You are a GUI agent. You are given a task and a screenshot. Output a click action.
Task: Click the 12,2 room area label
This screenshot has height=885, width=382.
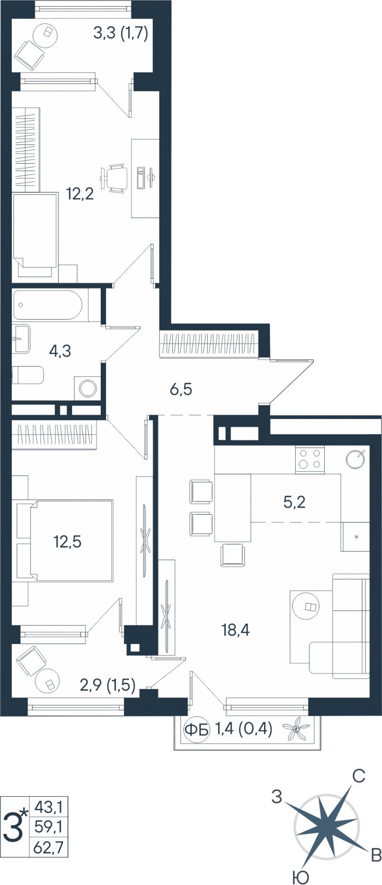(x=80, y=194)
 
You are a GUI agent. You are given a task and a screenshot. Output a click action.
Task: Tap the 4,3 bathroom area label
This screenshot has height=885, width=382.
(x=60, y=351)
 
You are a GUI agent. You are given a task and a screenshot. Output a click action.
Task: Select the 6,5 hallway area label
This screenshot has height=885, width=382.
(x=181, y=389)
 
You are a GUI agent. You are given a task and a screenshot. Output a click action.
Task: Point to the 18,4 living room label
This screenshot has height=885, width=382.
(x=235, y=630)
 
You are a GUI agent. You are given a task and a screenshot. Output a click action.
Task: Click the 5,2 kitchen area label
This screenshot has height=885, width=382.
(x=294, y=502)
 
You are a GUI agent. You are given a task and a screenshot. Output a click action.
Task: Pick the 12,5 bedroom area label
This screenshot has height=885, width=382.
(x=67, y=541)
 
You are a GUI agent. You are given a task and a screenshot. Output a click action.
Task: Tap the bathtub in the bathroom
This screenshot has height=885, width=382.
(x=48, y=305)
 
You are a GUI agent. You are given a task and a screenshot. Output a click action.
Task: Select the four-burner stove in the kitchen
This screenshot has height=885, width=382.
(x=309, y=459)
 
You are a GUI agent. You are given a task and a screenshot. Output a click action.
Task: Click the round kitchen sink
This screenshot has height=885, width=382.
(x=356, y=459)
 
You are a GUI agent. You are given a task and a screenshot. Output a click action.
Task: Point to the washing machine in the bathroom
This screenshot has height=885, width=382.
(x=88, y=388)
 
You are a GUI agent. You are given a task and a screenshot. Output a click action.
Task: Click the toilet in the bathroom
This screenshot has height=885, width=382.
(x=28, y=375)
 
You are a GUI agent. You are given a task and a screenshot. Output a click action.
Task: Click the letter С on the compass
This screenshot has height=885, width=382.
(x=359, y=776)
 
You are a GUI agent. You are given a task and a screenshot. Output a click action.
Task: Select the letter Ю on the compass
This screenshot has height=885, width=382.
(x=300, y=876)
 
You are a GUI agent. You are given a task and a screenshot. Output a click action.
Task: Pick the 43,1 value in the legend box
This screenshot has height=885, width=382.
(x=48, y=808)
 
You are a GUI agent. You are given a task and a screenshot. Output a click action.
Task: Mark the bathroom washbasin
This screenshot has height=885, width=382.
(x=21, y=339)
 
